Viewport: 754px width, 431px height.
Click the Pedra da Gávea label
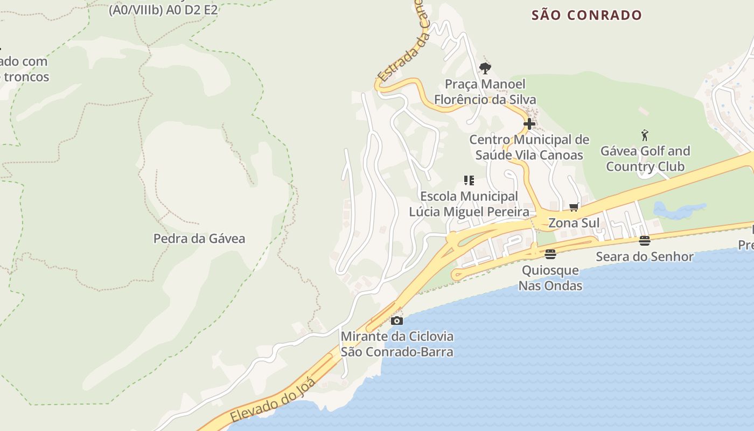(199, 239)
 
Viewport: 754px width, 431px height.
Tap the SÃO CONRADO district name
(587, 15)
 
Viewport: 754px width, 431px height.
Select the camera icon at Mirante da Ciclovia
(397, 321)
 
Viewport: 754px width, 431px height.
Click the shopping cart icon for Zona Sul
(574, 207)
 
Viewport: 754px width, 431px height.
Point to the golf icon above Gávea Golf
(645, 135)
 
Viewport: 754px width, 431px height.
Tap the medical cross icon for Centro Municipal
(529, 124)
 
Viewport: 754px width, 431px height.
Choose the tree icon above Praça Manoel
(485, 68)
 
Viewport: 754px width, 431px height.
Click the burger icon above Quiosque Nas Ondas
(550, 254)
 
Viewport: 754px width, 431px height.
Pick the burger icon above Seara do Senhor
(645, 240)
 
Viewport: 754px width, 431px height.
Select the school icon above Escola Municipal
(469, 180)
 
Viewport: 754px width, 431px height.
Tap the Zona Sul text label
(574, 223)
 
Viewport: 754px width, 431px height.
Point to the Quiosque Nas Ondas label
(550, 278)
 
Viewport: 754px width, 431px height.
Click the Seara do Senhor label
(645, 256)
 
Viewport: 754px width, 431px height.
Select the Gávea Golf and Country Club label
(645, 159)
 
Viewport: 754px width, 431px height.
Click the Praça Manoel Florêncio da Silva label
(485, 92)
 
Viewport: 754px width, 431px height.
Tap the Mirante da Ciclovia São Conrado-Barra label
(397, 344)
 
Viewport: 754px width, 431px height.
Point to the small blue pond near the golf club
(678, 210)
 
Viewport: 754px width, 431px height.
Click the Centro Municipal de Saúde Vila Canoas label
(529, 148)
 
